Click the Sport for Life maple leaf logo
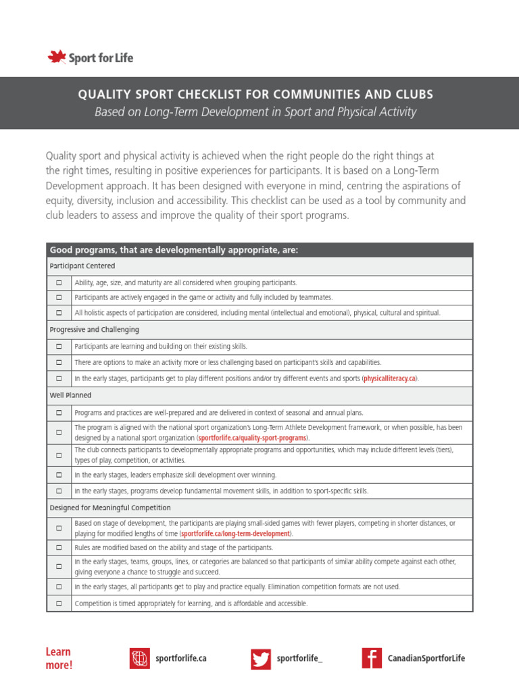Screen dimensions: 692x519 pyautogui.click(x=56, y=57)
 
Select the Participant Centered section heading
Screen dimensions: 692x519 pyautogui.click(x=82, y=266)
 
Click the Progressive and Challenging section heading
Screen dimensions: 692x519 pyautogui.click(x=94, y=330)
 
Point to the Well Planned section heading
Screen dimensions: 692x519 pyautogui.click(x=70, y=395)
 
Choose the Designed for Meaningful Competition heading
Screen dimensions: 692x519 pyautogui.click(x=110, y=508)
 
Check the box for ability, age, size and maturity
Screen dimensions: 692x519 pyautogui.click(x=59, y=282)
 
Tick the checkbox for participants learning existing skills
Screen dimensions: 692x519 pyautogui.click(x=59, y=347)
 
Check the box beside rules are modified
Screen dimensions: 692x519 pyautogui.click(x=59, y=547)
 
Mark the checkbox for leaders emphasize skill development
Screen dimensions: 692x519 pyautogui.click(x=59, y=475)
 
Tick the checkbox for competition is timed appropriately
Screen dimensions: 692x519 pyautogui.click(x=59, y=603)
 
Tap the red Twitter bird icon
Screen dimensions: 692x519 pyautogui.click(x=262, y=658)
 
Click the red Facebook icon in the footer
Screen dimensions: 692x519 pyautogui.click(x=372, y=658)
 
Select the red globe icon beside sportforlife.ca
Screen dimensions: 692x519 pyautogui.click(x=140, y=658)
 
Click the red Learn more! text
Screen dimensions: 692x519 pyautogui.click(x=59, y=658)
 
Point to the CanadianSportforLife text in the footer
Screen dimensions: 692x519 pyautogui.click(x=426, y=658)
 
